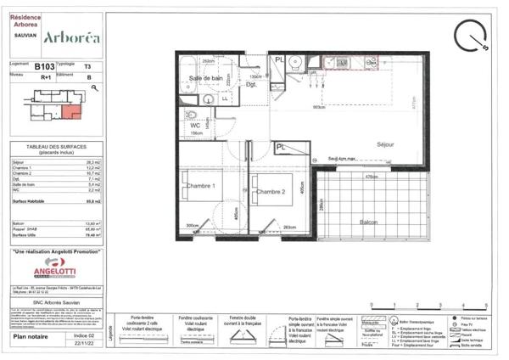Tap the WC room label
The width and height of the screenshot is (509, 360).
(x=195, y=126)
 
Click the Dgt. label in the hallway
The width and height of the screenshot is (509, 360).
(x=251, y=85)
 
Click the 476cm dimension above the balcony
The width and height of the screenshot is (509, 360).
(x=371, y=177)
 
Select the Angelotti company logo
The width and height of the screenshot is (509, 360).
(x=56, y=269)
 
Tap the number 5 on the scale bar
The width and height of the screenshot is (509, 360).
(x=486, y=305)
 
